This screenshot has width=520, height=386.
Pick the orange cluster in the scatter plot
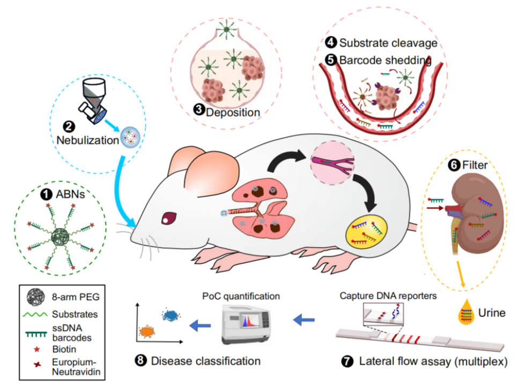coord(147,332)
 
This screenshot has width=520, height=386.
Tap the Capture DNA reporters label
coord(381,295)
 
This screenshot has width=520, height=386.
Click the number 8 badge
coord(142,361)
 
